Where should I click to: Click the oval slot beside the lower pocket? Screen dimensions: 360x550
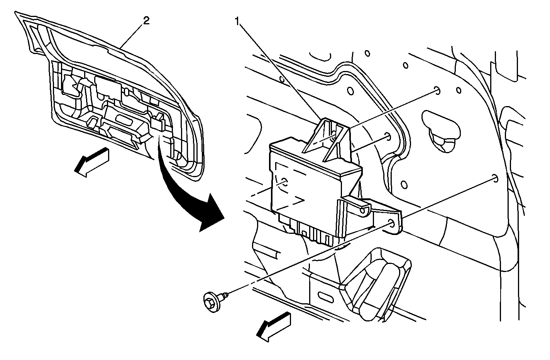pyautogui.click(x=327, y=297)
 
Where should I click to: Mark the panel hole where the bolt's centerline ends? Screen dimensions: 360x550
pyautogui.click(x=494, y=178)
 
